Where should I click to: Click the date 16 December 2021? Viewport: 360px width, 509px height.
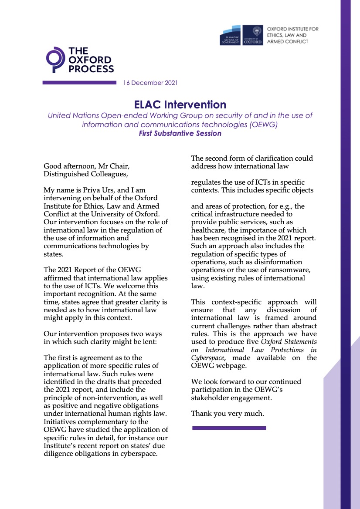(x=150, y=83)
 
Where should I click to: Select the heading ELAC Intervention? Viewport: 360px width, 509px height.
(x=180, y=104)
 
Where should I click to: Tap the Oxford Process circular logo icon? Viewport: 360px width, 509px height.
(x=55, y=60)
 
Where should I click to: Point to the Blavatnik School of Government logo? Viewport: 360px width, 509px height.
(x=231, y=36)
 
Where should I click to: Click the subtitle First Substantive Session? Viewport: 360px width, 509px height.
(x=180, y=134)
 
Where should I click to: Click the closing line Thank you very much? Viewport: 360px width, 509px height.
(x=228, y=414)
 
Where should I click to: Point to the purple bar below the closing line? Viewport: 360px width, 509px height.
(x=229, y=428)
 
